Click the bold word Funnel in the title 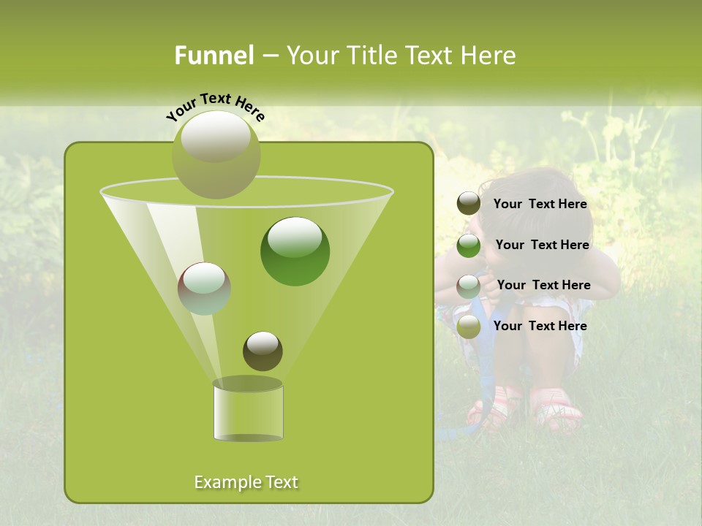coord(214,56)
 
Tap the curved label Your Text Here coord(216,107)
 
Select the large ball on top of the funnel coord(216,153)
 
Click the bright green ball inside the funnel coord(295,251)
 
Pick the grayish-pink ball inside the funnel coord(204,289)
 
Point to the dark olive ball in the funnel coord(263,351)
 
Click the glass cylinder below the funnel coord(248,413)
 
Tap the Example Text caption coord(246,482)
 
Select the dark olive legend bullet coord(469,204)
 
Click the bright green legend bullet coord(469,245)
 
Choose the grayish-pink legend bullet coord(469,286)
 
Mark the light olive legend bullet coord(469,327)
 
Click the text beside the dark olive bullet coord(540,204)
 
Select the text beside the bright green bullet coord(542,245)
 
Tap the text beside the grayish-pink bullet coord(543,285)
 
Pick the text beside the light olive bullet coord(540,326)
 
